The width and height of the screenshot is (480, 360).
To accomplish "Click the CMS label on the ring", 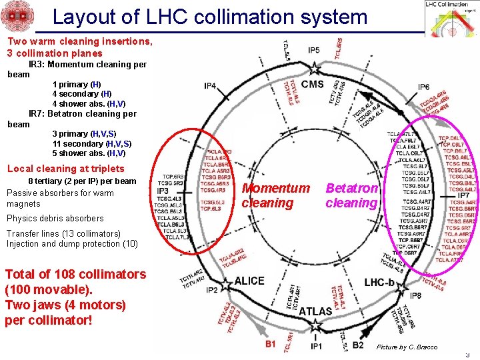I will pos(313,84).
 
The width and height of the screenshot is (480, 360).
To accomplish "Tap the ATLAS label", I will pos(315,311).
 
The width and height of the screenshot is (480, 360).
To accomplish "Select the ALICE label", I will pos(249,281).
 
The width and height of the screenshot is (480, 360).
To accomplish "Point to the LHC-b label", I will pos(383,282).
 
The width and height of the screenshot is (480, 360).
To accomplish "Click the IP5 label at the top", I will pos(313,50).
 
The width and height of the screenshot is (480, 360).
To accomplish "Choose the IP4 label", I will pos(210,87).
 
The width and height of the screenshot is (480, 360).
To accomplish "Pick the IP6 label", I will pos(423,87).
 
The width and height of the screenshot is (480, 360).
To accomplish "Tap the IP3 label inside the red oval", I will pos(163,191).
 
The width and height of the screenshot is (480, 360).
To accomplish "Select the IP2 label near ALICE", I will pos(211,291).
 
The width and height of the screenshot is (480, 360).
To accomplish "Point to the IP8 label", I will pos(415,295).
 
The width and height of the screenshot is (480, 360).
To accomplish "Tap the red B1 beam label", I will pos(270,345).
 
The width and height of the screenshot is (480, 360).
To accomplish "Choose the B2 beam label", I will pos(357,345).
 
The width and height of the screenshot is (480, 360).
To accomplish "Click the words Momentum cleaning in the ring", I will pos(275,195).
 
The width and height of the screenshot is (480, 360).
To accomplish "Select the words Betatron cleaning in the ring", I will pos(352,195).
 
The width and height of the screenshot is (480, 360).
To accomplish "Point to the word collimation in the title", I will pos(257,17).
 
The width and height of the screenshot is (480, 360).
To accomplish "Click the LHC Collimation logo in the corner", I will pos(451,18).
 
